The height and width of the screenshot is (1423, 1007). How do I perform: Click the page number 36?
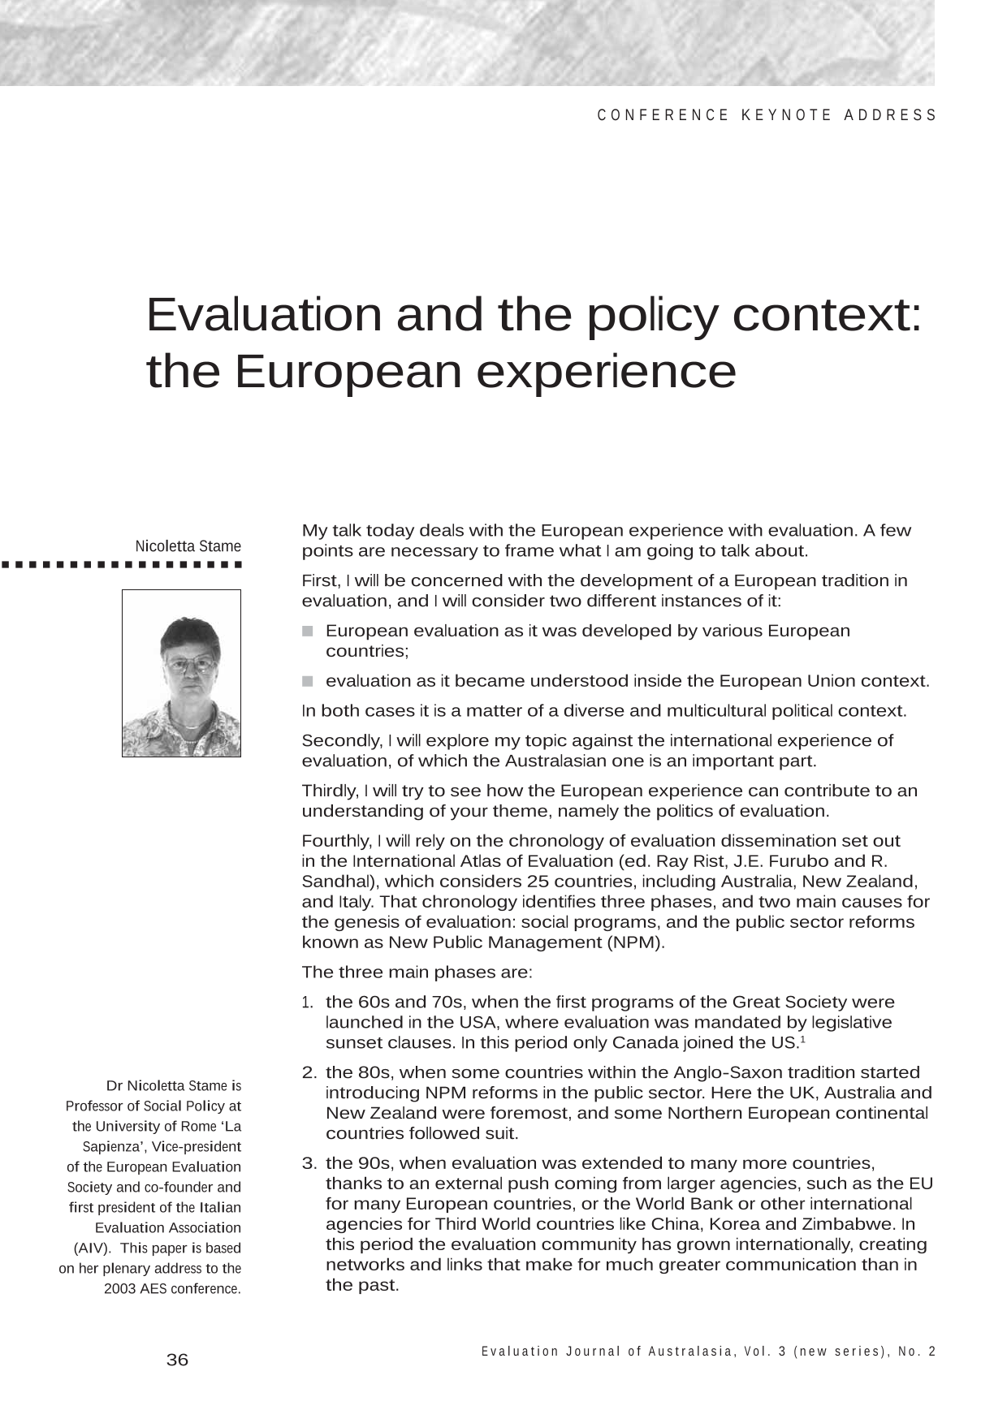pos(177,1360)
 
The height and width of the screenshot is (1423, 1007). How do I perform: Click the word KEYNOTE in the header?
pos(786,115)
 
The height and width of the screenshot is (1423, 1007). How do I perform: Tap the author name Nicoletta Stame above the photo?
pos(188,546)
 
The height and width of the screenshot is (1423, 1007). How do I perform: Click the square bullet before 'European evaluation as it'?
pos(308,631)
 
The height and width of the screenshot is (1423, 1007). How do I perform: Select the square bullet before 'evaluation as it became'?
pos(308,681)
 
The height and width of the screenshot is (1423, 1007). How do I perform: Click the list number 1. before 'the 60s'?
pos(307,1003)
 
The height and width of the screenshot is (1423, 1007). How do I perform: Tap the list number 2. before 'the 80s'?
pos(309,1072)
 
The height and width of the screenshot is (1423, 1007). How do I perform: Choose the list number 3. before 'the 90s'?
pos(309,1163)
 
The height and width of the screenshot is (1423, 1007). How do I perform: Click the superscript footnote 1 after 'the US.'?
pos(802,1038)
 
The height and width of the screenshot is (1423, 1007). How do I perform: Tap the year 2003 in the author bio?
pos(119,1288)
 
